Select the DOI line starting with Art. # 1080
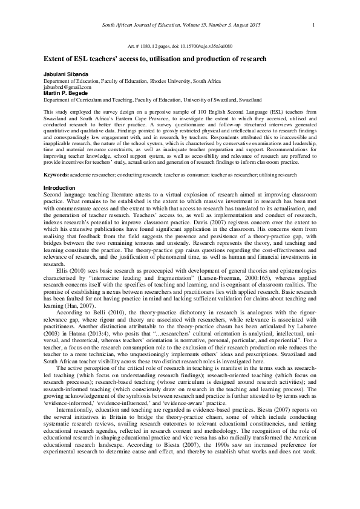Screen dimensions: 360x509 180,46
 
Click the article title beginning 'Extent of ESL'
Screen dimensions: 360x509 155,59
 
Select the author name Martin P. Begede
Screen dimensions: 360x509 65,92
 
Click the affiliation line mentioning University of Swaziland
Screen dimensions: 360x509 152,99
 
